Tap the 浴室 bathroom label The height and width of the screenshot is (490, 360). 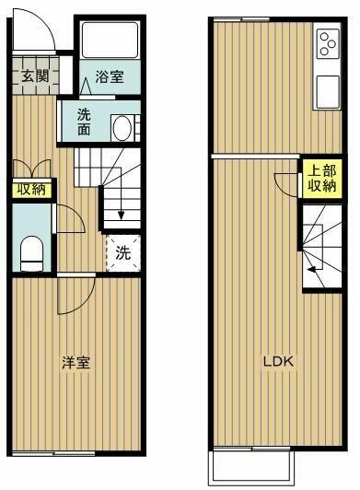(x=109, y=78)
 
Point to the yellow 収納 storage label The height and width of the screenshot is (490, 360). (x=30, y=190)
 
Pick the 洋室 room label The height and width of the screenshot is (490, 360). (x=75, y=363)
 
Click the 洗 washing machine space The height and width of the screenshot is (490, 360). (x=122, y=251)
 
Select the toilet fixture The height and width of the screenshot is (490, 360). (x=32, y=252)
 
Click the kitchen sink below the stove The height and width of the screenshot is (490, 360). (x=329, y=90)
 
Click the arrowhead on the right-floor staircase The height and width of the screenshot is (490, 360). (x=312, y=269)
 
